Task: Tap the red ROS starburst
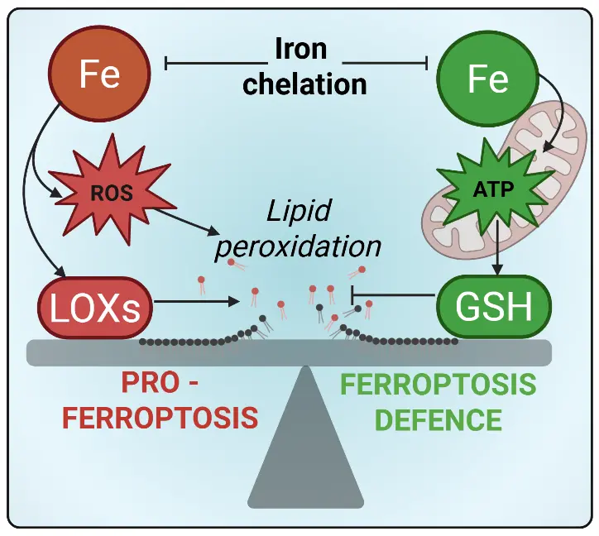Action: pyautogui.click(x=108, y=194)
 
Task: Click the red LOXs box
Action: pyautogui.click(x=96, y=309)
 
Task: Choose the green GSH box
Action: pyautogui.click(x=494, y=309)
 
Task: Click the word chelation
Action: pyautogui.click(x=305, y=83)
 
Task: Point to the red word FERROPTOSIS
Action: pyautogui.click(x=161, y=418)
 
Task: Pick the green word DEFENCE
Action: pyautogui.click(x=438, y=419)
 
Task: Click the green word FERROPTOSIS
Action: pyautogui.click(x=438, y=385)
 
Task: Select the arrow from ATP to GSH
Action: pyautogui.click(x=497, y=253)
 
